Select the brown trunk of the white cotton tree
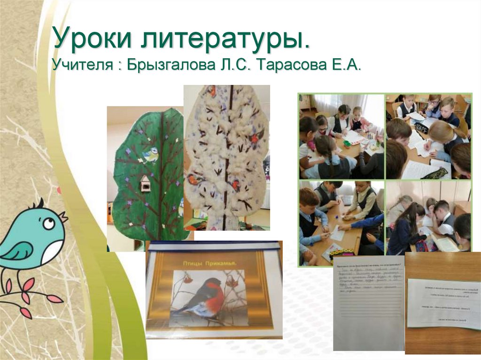click(x=227, y=155)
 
